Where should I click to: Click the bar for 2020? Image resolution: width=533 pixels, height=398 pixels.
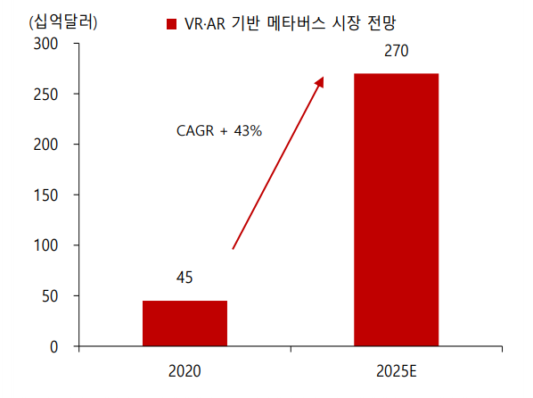[184, 323]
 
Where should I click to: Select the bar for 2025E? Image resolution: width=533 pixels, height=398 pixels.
[396, 209]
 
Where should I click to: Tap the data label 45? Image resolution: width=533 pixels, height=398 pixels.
[184, 278]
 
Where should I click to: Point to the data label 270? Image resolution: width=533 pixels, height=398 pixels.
[396, 52]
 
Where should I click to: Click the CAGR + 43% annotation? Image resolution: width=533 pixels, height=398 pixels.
[219, 131]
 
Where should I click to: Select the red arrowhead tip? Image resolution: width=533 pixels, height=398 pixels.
[322, 79]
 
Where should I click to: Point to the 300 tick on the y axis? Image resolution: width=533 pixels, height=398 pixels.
[45, 43]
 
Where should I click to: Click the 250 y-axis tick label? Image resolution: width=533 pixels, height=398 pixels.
[45, 94]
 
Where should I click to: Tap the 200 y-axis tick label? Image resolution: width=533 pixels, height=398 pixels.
[45, 144]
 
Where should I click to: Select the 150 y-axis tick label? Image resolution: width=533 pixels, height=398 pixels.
[45, 195]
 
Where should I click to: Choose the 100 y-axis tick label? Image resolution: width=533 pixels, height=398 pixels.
[45, 245]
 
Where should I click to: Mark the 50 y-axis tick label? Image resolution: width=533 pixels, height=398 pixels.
[49, 295]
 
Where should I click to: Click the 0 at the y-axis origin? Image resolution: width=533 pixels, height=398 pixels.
[53, 346]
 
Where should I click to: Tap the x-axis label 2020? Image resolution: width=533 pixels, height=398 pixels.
[184, 369]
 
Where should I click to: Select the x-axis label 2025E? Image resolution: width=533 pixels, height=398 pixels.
[396, 369]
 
